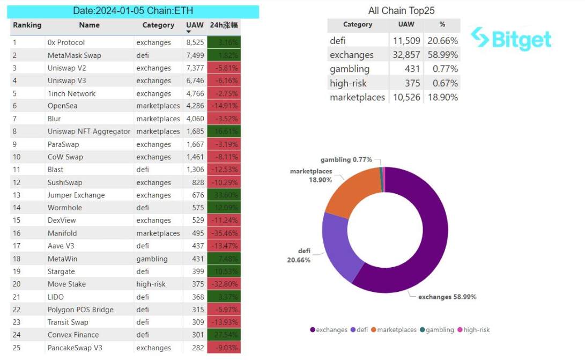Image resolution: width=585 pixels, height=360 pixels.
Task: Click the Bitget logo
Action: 511,39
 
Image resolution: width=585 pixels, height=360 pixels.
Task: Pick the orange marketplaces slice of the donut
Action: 351,190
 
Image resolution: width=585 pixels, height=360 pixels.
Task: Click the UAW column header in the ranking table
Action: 195,25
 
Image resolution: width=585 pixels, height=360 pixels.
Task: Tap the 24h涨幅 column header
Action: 224,25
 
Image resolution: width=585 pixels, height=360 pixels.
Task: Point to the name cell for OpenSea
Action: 62,106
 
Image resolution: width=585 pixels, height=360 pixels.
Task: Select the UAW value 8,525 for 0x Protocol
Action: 195,42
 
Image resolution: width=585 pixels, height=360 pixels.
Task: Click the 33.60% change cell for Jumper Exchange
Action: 224,195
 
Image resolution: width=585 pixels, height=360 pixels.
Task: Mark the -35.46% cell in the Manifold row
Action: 224,233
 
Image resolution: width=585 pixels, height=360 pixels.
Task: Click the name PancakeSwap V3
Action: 75,348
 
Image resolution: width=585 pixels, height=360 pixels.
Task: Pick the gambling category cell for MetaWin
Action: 152,259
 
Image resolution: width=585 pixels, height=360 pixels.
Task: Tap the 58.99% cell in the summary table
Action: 442,55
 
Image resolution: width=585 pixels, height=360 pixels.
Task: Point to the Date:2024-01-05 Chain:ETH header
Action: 133,11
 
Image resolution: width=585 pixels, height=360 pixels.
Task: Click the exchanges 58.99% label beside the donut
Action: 447,297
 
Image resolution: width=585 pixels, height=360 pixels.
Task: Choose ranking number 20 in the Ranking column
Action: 16,284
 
